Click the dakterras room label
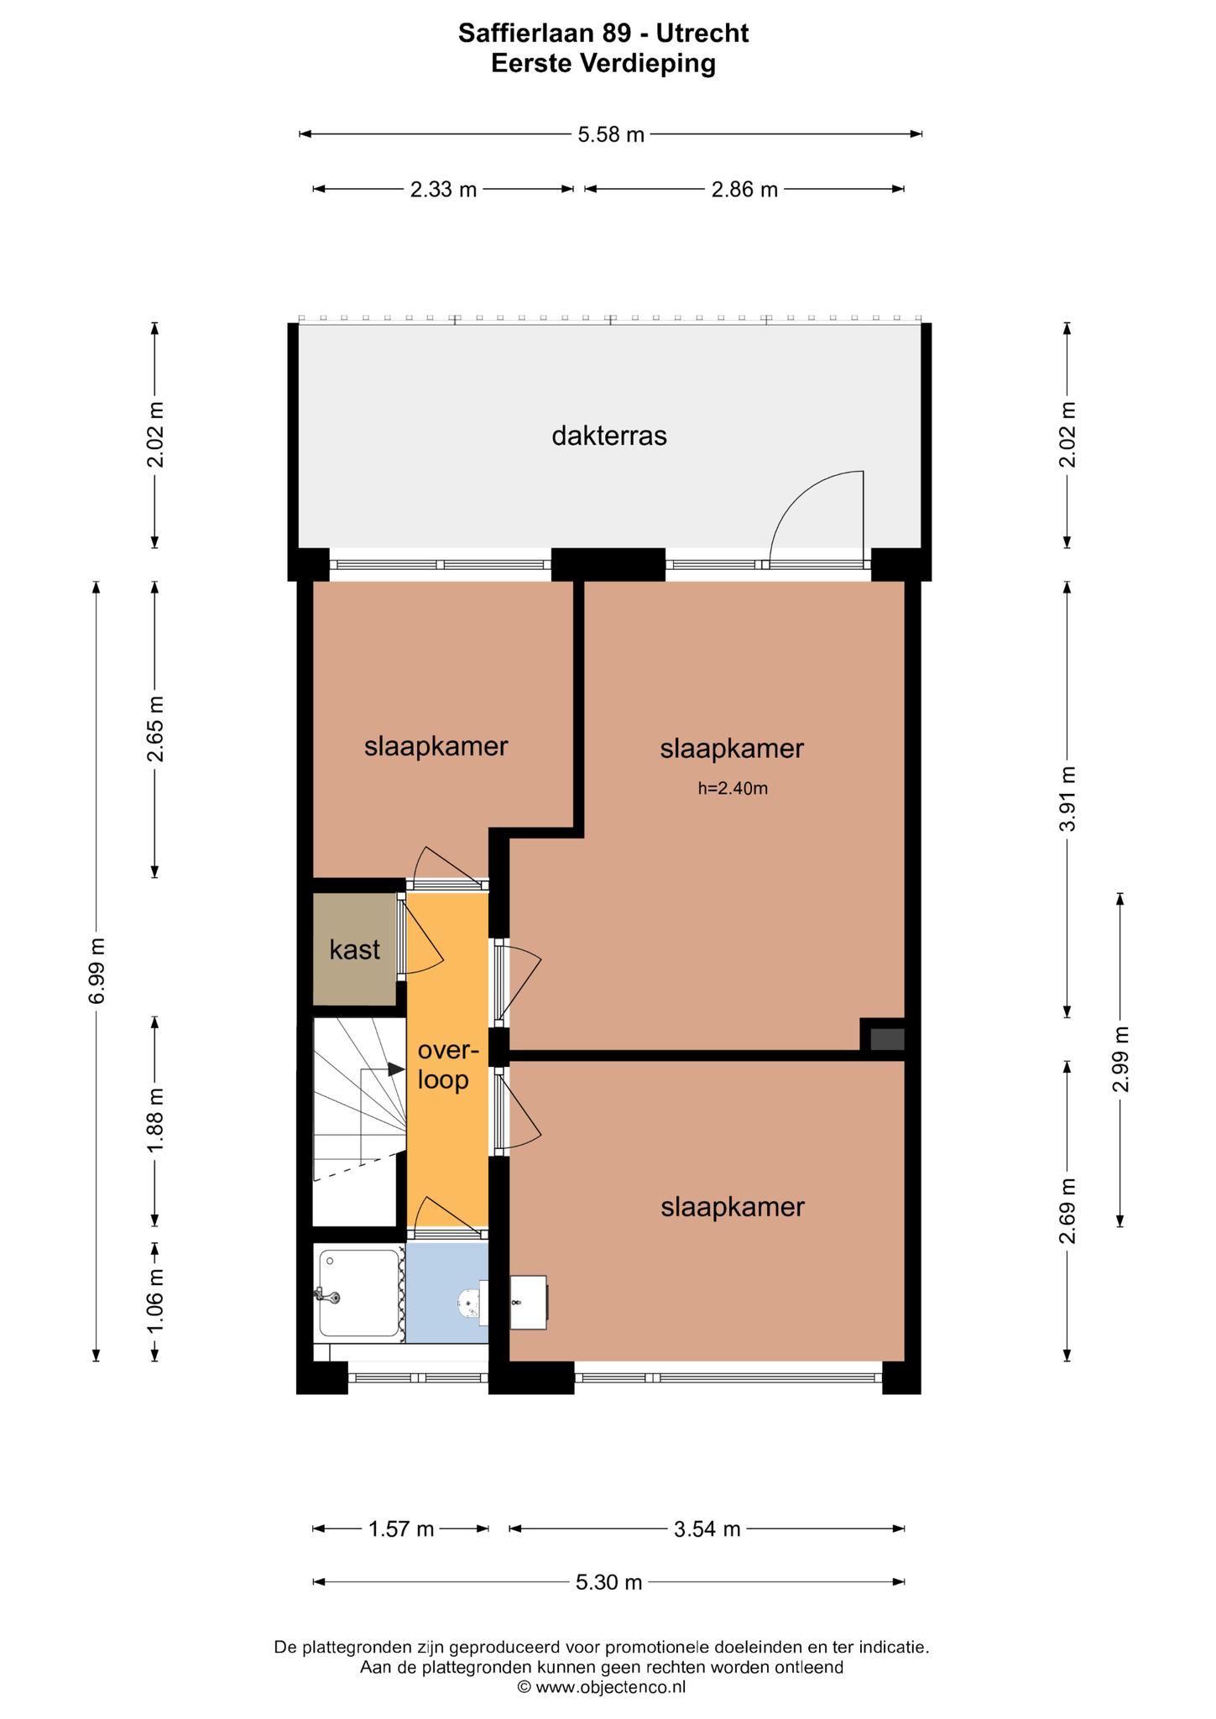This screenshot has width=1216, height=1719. (608, 436)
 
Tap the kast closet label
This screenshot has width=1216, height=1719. (354, 950)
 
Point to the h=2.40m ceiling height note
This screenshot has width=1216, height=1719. (733, 788)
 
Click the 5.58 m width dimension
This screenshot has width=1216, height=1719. (611, 134)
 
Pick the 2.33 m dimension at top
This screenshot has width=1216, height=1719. (443, 190)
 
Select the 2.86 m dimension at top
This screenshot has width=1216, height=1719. (744, 190)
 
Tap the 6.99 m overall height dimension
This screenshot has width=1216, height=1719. (97, 970)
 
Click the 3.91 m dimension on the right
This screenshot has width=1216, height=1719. (1067, 798)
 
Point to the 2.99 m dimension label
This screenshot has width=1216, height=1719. (1120, 1059)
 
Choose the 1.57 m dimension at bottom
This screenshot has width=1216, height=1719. (401, 1529)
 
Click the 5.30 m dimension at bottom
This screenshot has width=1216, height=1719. (608, 1582)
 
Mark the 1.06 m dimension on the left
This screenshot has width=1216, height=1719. (154, 1301)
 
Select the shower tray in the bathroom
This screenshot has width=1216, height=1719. (359, 1293)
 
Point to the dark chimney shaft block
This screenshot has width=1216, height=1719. (886, 1039)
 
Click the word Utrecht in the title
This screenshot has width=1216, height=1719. (702, 34)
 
